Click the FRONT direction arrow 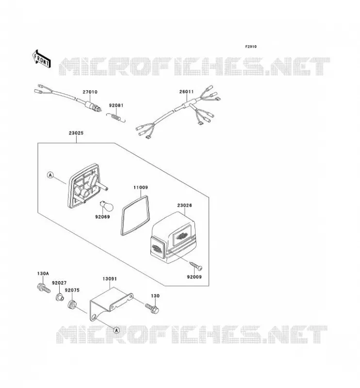[41, 59]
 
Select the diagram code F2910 [251, 47]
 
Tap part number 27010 [90, 92]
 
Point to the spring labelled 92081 [116, 117]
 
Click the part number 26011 [186, 92]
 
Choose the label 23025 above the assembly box [76, 133]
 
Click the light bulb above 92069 [106, 206]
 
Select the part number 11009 [141, 187]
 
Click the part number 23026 [184, 205]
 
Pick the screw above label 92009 [196, 265]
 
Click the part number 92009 [194, 276]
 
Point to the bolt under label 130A [44, 288]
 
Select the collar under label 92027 [59, 296]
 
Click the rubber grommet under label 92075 [72, 305]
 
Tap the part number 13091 [110, 278]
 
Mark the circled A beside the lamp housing [50, 175]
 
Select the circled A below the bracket [116, 330]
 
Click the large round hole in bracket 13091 [94, 317]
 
